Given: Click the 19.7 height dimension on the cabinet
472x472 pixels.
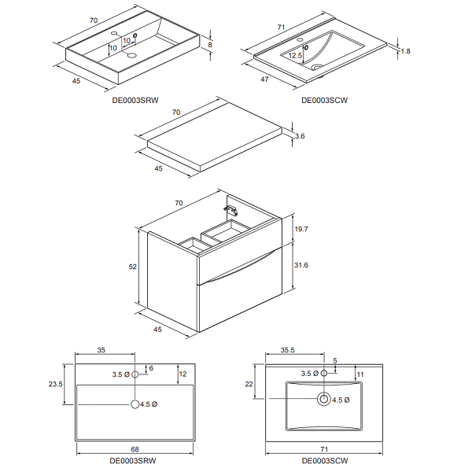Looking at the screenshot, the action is tap(301, 229).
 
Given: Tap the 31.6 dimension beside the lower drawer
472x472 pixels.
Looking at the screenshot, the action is tap(301, 265).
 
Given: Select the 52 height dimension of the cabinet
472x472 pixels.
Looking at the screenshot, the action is tap(132, 267).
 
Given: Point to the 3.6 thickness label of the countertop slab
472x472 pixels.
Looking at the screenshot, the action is tap(300, 136).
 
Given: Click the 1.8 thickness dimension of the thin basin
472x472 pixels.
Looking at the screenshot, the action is tap(405, 51).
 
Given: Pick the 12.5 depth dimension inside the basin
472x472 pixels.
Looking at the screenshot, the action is tap(295, 55).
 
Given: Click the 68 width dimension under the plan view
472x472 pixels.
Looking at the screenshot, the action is tap(135, 449).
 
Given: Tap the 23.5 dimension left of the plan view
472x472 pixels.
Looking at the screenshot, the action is tap(55, 384).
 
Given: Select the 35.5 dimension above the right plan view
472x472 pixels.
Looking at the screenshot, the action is tap(287, 350).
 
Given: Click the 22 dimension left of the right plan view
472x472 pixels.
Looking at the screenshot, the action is tap(249, 384).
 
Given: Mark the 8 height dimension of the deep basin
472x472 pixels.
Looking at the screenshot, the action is tap(210, 45).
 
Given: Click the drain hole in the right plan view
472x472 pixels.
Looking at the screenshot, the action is tap(324, 399).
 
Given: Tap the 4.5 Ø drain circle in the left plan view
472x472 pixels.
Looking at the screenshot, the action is tap(135, 404).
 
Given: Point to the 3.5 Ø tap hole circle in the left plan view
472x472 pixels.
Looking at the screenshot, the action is tap(135, 374).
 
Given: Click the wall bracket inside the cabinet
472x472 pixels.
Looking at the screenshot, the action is tap(230, 210).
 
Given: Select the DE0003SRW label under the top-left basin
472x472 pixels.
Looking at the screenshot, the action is tap(135, 100).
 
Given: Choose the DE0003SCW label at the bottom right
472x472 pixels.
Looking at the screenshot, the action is tap(325, 461).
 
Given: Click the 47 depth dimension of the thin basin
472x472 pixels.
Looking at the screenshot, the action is tap(264, 79).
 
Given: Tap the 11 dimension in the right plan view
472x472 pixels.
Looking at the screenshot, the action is tap(360, 374).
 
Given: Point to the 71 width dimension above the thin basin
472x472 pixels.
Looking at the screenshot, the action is tap(281, 28).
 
